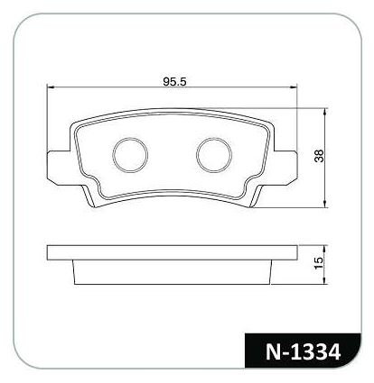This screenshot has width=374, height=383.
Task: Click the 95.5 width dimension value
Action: coord(175,81)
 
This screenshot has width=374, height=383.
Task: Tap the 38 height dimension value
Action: coord(319,156)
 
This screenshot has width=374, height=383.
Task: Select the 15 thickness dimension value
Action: coord(318,263)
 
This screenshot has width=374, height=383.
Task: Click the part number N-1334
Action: coord(303,351)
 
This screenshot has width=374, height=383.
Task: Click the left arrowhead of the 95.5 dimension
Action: coord(51,87)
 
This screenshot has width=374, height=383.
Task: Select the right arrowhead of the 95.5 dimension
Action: coord(294,87)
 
